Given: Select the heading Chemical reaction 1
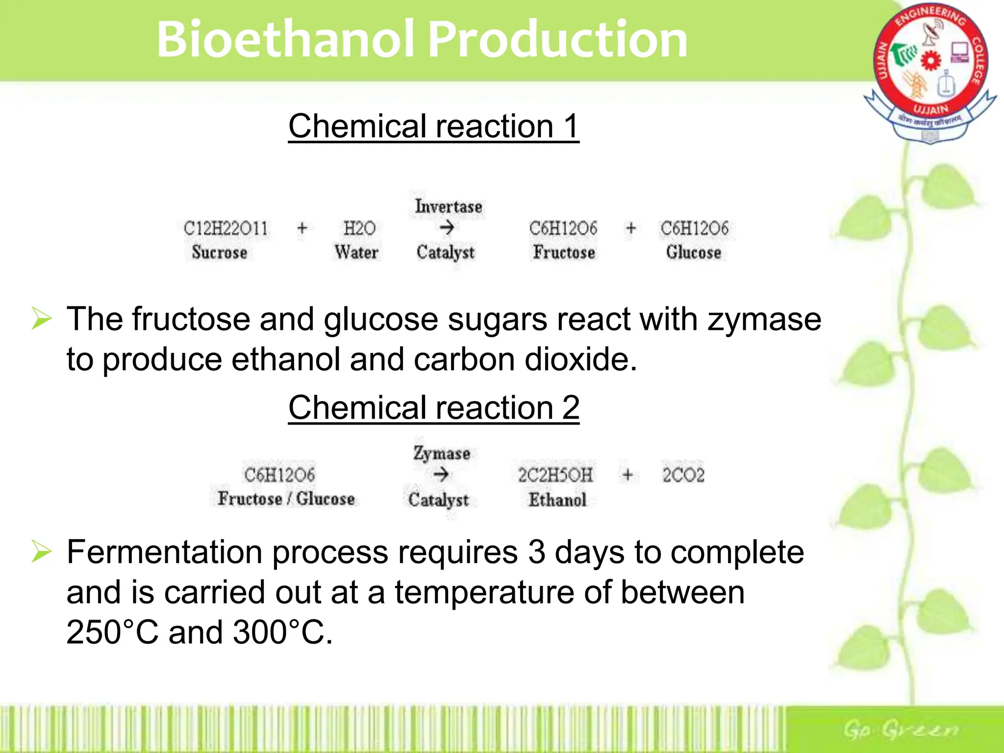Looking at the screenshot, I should click(433, 126).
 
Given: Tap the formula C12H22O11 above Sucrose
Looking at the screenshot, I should click(226, 228).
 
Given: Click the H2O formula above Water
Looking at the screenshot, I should click(359, 228).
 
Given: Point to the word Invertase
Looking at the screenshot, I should click(448, 206).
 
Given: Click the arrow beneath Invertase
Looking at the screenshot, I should click(446, 228).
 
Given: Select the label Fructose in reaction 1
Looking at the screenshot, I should click(564, 252).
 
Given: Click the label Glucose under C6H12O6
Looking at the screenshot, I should click(693, 252).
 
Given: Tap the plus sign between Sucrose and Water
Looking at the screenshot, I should click(302, 228).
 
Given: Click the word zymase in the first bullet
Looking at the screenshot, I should click(764, 320).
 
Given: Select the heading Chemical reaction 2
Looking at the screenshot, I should click(433, 408).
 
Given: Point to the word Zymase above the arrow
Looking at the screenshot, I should click(441, 453).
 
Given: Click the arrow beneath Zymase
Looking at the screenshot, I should click(441, 475).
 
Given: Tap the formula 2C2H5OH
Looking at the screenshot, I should click(555, 475).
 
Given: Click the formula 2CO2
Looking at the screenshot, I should click(683, 475).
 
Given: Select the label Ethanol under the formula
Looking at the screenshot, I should click(557, 500).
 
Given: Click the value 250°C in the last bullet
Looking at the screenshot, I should click(112, 632).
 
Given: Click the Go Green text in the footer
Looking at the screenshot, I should click(900, 730).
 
